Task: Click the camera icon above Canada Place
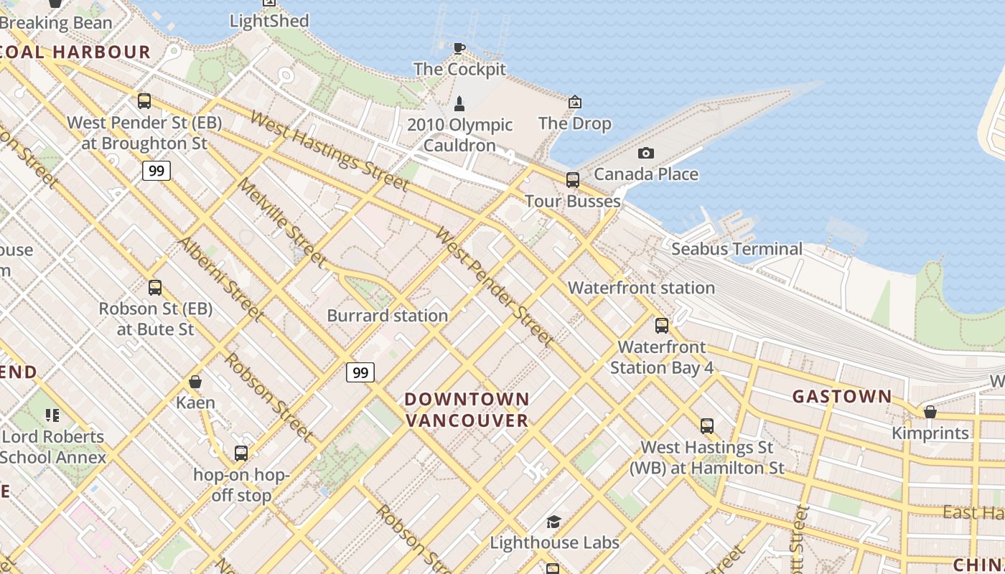pos(645,153)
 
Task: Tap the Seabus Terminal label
pos(737,249)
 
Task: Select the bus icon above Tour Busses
pos(572,179)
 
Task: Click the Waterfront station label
pos(641,288)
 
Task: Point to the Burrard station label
pos(387,315)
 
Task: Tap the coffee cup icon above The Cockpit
pos(459,48)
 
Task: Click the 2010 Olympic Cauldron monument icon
pos(459,104)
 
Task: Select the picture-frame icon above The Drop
pos(574,103)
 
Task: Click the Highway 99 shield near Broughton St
pos(156,171)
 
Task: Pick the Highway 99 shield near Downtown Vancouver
pos(360,372)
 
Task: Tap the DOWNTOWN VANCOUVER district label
pos(467,410)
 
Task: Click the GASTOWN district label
pos(841,396)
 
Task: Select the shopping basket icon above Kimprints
pos(930,412)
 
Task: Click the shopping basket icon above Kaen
pos(195,382)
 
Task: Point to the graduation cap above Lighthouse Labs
pos(553,522)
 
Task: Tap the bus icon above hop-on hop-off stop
pos(241,453)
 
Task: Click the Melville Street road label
pos(281,222)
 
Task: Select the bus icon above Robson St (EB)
pos(155,288)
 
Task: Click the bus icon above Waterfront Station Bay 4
pos(662,326)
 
